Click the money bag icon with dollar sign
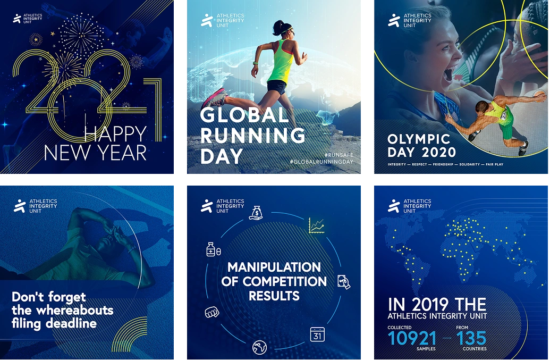256,213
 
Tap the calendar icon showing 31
317,334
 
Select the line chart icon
316,225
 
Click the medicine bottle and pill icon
213,249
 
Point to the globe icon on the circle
259,347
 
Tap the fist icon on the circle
212,312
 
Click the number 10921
412,338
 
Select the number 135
471,338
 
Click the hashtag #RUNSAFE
339,155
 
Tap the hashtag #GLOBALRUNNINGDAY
321,162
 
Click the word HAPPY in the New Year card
115,133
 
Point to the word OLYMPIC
419,139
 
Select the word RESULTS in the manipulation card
274,296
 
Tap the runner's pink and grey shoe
215,97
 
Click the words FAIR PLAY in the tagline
495,164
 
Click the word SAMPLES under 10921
426,349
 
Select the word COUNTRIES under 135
475,349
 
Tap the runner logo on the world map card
394,206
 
